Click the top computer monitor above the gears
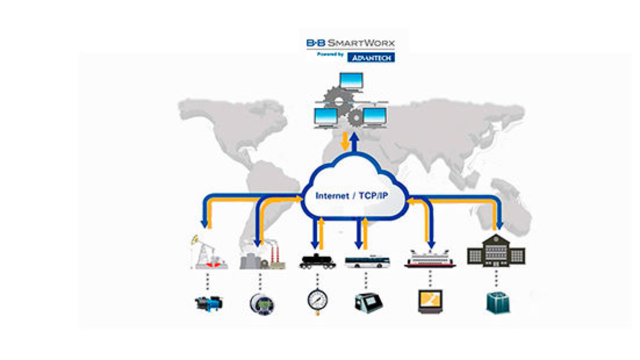click(x=351, y=81)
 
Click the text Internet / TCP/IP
click(x=351, y=196)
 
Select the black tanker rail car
click(x=317, y=262)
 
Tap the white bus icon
click(x=367, y=262)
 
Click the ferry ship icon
click(x=429, y=258)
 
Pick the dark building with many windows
click(x=495, y=250)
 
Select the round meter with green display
click(x=261, y=303)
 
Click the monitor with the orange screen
click(x=429, y=301)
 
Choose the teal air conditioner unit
click(x=498, y=302)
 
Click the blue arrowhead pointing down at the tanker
click(x=315, y=245)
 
